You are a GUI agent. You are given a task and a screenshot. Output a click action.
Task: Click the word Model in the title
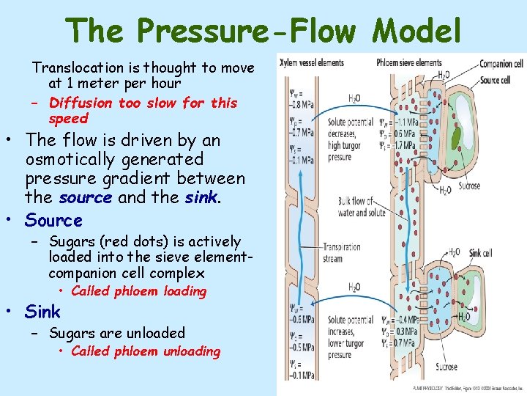coord(417,32)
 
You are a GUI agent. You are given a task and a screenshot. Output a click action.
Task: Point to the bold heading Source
coord(53,220)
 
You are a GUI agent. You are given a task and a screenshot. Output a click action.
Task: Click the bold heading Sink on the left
coord(42,312)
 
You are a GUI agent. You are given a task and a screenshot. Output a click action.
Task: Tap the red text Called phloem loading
coord(139,291)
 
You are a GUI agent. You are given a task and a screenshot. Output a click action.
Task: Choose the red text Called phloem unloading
coord(146,351)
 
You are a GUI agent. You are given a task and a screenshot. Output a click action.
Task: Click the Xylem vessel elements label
coord(312,63)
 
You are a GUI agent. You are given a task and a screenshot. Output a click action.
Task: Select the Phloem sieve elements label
coord(409,63)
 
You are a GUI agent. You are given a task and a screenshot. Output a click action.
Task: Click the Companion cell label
coord(501,65)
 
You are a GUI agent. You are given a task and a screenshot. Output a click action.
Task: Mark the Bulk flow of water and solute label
coord(360,206)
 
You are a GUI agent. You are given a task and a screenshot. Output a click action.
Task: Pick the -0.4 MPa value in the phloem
coord(404,320)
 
